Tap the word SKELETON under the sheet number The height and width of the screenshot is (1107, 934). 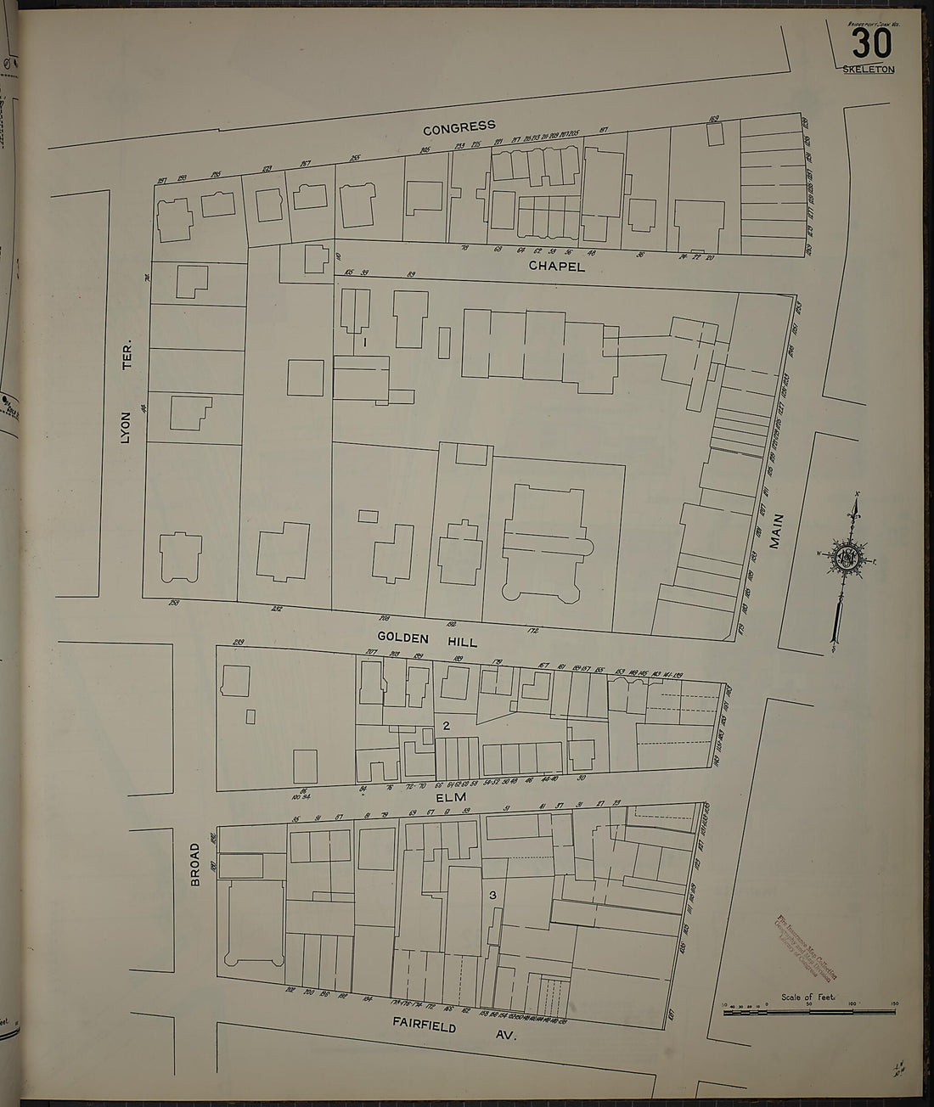869,70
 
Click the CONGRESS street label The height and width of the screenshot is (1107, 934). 459,127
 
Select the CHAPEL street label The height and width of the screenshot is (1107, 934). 556,266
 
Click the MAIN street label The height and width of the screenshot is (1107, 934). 774,533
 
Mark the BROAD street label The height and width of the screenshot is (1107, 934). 194,866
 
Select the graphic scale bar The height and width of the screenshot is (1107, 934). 808,1010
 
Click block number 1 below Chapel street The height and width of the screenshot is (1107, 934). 363,342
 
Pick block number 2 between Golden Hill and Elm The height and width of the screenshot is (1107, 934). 445,725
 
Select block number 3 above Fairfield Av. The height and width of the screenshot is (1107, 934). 492,896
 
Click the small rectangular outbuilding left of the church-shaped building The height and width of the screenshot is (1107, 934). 368,515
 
